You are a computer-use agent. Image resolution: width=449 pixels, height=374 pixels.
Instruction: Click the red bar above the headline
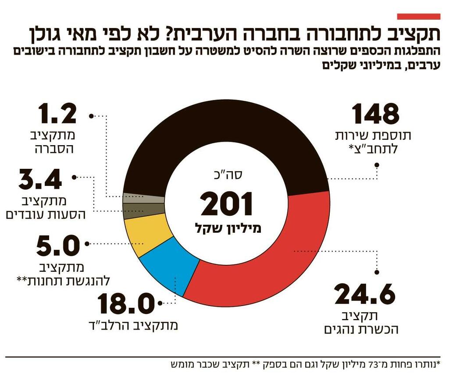pos(418,16)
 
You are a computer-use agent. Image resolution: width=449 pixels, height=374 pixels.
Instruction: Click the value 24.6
pos(365,295)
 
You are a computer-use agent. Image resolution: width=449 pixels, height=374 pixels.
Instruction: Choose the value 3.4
pos(40,178)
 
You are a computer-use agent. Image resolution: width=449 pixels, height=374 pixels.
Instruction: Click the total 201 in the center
pos(227,205)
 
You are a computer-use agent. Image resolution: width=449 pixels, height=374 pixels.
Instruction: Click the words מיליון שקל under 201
pos(227,228)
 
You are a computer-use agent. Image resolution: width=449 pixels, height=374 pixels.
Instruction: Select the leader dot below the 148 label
pos(376,165)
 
